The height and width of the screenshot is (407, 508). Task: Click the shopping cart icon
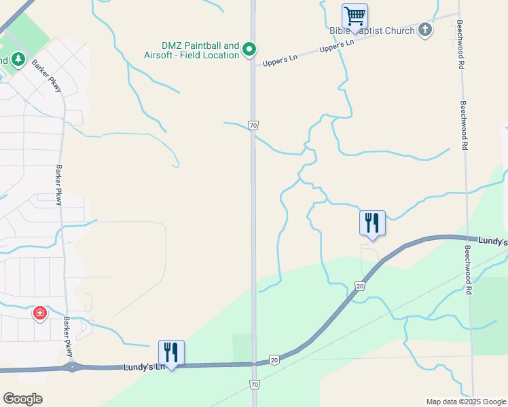355,16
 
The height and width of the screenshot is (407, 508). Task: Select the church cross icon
425,29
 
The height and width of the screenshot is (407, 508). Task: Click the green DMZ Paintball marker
249,49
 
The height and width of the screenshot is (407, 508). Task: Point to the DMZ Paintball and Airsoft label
192,50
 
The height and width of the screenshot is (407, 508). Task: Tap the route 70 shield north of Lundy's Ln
253,125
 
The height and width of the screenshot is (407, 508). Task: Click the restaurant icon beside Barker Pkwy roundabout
171,353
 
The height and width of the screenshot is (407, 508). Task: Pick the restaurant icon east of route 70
372,223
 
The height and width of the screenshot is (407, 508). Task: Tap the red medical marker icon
40,313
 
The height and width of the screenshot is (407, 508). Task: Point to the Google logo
22,399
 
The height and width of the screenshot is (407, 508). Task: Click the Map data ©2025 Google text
466,402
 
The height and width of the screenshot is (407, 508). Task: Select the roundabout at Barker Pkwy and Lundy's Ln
72,367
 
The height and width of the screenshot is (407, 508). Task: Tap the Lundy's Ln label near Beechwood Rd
492,241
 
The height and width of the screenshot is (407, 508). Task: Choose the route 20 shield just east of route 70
274,359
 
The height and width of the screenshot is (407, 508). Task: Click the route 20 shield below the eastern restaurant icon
360,287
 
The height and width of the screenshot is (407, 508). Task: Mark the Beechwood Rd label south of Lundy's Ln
467,269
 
